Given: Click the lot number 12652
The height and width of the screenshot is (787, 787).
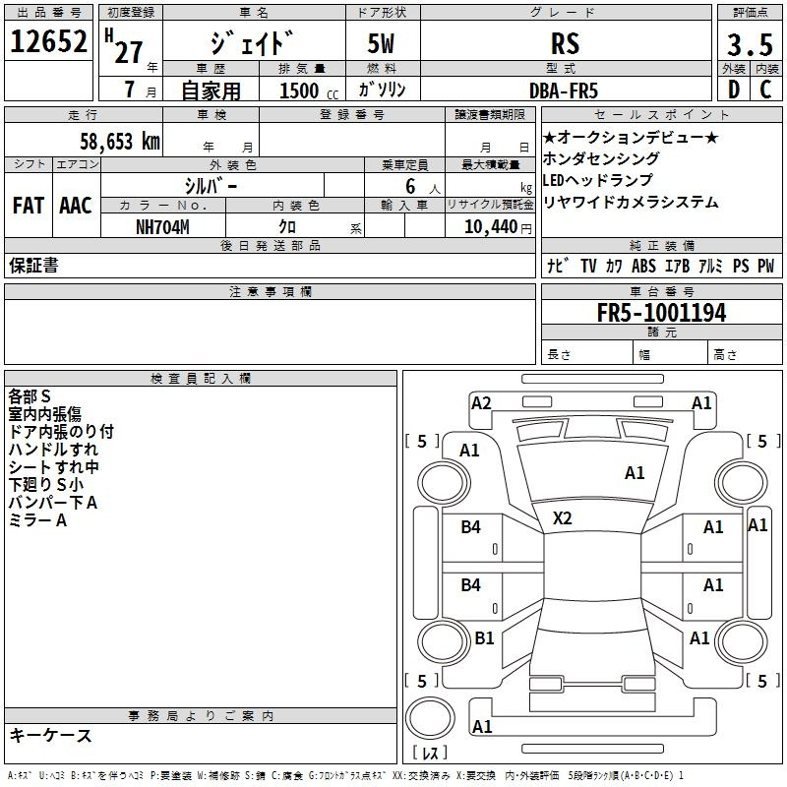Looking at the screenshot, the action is (49, 43).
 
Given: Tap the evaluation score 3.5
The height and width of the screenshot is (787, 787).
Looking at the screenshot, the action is (748, 45).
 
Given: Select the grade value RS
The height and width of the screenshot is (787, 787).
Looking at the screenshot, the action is (565, 44).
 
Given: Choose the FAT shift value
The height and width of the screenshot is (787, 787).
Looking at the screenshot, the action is (28, 206).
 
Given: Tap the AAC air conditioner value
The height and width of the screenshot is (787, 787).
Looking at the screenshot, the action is (76, 206).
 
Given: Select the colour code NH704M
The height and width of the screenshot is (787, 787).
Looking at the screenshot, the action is (162, 227).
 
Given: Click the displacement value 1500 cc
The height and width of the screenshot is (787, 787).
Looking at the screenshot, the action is (308, 91).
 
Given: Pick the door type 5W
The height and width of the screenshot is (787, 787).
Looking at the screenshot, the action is (384, 44).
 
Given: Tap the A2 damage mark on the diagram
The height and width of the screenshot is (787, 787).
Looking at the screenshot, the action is (481, 402).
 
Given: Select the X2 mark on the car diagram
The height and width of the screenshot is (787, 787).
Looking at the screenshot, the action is (562, 518).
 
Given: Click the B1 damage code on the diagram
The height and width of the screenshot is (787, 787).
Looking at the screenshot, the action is (484, 637).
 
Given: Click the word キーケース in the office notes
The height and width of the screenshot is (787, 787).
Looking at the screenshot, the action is (50, 735).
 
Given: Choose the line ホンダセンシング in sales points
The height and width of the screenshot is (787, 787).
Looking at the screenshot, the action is (601, 158).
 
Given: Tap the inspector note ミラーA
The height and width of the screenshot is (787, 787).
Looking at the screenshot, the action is (37, 520).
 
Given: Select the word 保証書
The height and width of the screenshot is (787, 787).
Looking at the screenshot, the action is (33, 266).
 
